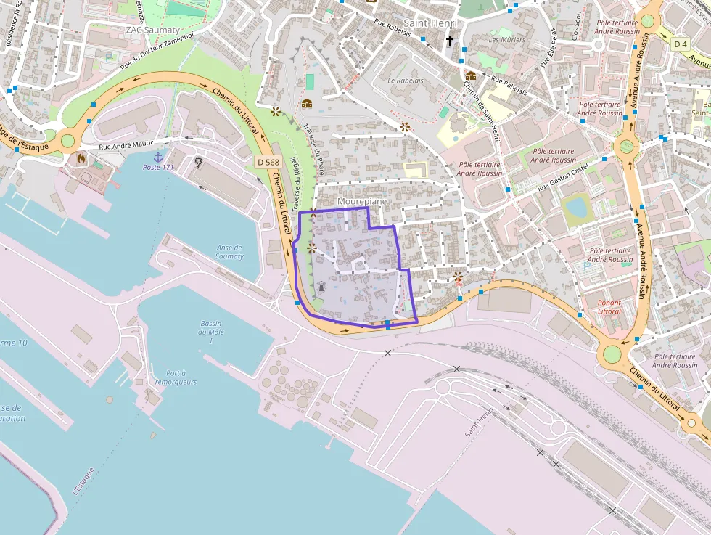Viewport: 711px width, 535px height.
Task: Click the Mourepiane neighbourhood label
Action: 362,200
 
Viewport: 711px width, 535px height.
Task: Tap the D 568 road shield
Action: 268,162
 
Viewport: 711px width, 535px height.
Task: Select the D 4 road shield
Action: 680,44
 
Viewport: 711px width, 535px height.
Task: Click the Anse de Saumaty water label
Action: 230,251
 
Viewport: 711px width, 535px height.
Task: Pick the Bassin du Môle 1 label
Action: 210,332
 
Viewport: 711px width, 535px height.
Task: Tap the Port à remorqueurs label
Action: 176,377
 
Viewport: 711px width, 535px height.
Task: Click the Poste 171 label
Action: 158,167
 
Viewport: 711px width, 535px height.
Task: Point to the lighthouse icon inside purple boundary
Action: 321,286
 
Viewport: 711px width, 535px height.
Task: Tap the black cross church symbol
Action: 450,41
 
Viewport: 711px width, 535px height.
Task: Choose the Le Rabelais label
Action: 405,80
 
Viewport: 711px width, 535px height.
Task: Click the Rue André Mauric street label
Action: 126,144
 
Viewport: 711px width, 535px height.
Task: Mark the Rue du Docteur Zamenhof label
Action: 157,52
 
